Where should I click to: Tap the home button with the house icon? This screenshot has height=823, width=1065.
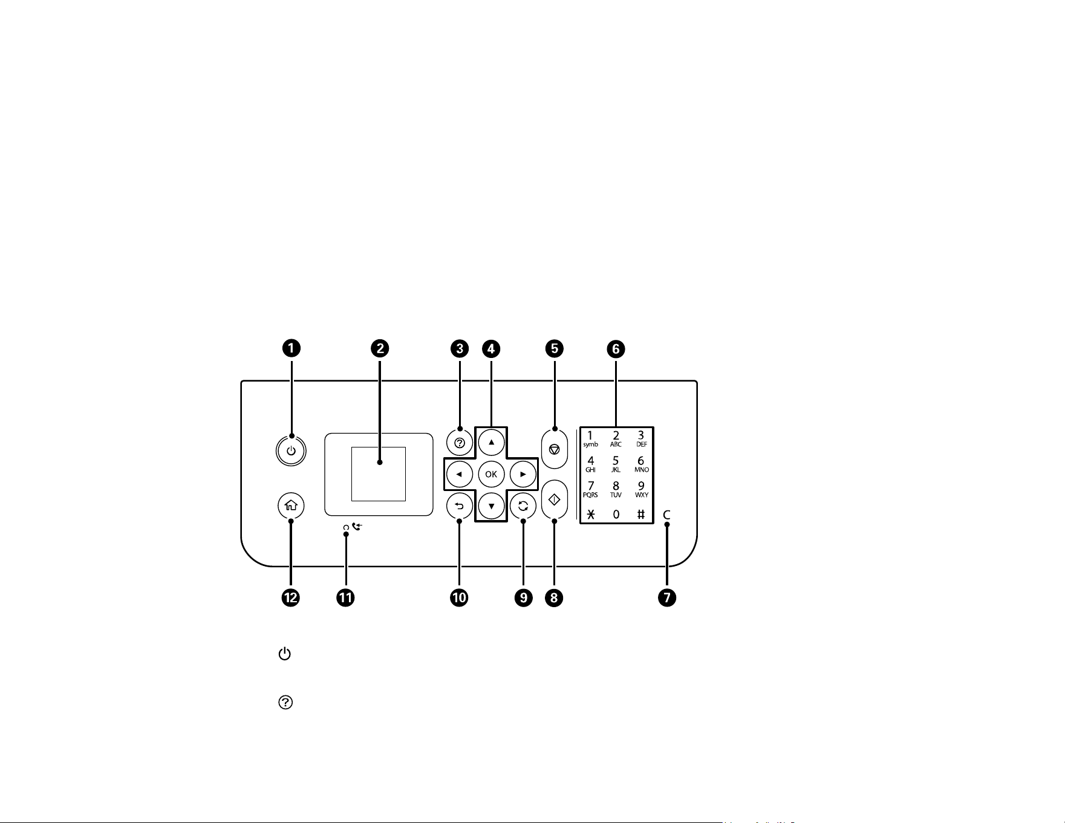point(291,506)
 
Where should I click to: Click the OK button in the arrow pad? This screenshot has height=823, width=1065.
point(491,474)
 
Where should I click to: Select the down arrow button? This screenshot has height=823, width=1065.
point(491,506)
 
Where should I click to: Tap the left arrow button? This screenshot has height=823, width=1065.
point(459,474)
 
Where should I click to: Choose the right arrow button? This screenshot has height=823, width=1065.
point(523,474)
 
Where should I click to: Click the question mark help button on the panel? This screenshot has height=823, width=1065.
point(459,443)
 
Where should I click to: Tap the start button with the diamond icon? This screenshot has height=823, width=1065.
point(555,499)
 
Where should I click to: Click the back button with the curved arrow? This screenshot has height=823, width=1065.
point(459,506)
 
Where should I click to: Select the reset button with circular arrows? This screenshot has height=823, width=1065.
point(523,506)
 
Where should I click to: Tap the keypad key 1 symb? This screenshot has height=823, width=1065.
point(590,439)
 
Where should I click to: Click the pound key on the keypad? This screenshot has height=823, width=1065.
point(641,515)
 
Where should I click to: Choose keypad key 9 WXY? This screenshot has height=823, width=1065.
point(641,489)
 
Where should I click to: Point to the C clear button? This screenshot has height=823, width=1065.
point(667,515)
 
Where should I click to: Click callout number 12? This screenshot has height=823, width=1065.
point(291,597)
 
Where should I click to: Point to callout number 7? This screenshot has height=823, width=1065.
point(667,597)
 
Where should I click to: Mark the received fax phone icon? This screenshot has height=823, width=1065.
point(356,527)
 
